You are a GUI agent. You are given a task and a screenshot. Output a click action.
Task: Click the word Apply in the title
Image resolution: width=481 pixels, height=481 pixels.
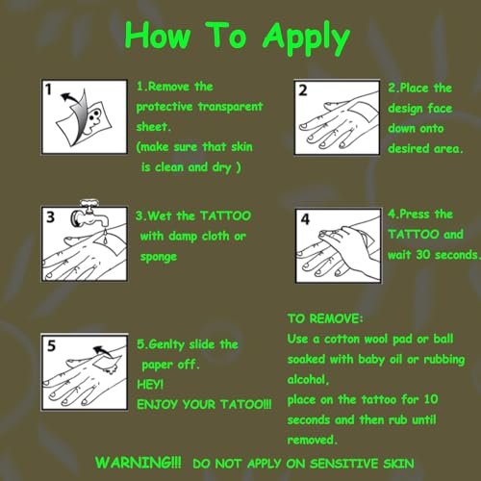point(306,38)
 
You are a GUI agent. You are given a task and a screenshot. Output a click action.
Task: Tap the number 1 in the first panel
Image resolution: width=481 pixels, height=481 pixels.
point(48,89)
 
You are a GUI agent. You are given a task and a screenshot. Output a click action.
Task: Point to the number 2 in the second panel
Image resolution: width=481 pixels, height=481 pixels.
point(303,90)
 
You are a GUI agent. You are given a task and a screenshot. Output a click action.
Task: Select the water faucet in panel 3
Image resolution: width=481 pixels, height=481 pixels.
point(90,214)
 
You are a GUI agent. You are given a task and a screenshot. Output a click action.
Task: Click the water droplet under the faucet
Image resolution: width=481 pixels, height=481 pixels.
point(105,238)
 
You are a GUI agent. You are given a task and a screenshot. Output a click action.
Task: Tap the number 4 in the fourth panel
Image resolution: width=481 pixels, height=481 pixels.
point(305,219)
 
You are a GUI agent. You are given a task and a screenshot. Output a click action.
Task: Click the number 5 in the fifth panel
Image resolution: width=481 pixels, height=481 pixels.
point(51,345)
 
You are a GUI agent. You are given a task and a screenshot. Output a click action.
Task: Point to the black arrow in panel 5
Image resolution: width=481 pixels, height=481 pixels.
point(103,351)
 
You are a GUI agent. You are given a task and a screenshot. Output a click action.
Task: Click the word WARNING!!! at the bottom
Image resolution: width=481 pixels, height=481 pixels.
point(139,463)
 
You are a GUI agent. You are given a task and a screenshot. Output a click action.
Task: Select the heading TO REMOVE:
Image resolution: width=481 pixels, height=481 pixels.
point(325,318)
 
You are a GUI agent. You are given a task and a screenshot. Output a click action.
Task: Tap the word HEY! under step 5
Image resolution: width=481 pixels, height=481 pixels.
point(150,384)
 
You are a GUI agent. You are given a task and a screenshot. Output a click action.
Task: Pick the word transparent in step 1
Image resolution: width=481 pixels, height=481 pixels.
point(231,107)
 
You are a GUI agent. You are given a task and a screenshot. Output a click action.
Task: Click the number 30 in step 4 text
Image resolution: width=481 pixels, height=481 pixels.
point(423,255)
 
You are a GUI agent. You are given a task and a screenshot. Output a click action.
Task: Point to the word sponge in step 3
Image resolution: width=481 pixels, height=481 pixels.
point(159,257)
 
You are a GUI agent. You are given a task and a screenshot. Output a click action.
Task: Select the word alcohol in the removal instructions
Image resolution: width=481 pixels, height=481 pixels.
point(306,380)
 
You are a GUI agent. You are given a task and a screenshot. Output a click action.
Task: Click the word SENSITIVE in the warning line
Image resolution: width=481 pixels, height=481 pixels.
point(344,464)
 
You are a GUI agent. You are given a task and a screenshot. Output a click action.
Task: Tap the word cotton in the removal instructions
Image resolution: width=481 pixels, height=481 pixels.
point(342,340)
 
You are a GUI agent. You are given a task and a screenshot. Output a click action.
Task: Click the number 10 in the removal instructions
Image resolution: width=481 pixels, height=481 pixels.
point(431,399)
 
